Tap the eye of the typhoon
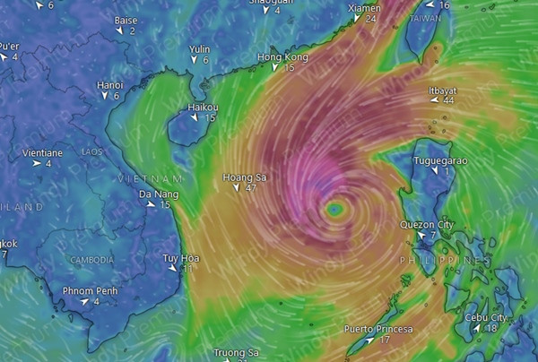(334, 209)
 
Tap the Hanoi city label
(109, 85)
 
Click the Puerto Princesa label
(378, 329)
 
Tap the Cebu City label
(486, 317)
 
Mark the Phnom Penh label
(90, 290)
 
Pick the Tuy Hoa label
(180, 258)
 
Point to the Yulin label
(199, 49)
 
